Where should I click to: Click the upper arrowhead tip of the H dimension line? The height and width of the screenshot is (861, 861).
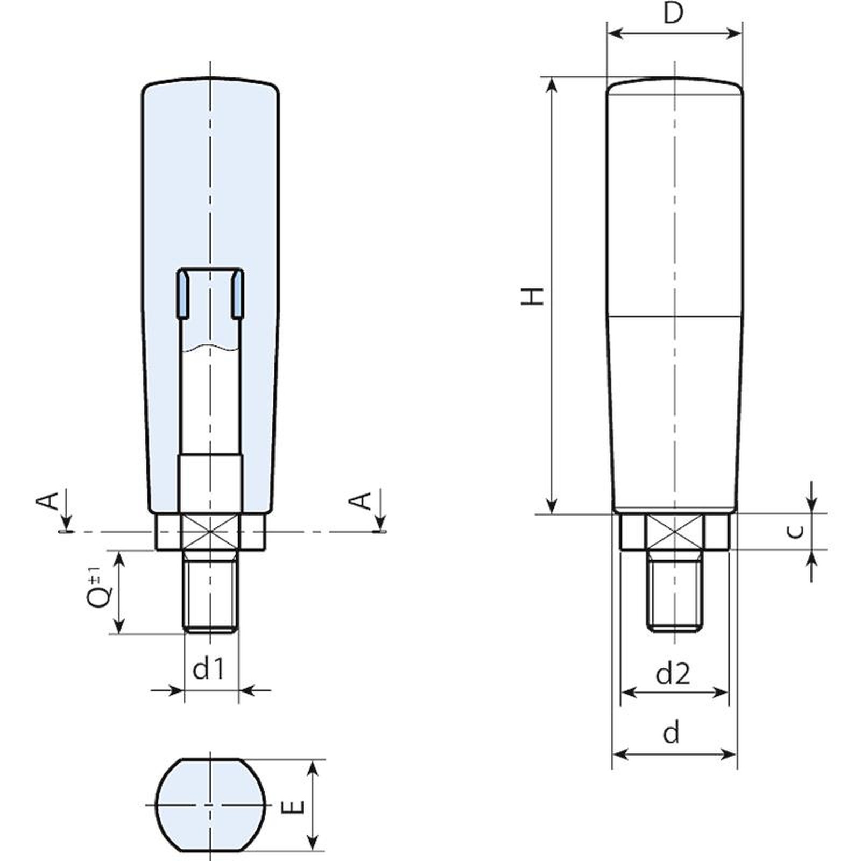[551, 77]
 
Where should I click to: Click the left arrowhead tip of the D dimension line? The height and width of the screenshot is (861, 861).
[608, 33]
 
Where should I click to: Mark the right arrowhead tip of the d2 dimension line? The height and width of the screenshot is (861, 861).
[728, 692]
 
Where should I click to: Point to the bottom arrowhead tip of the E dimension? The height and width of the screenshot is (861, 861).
[313, 851]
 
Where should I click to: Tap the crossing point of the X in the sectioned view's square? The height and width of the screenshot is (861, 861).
[210, 532]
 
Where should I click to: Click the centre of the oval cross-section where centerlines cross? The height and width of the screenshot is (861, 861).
[210, 804]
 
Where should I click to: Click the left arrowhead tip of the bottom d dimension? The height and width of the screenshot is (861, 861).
[612, 754]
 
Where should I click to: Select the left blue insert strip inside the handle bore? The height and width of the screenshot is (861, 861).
[183, 294]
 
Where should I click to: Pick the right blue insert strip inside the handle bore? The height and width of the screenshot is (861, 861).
[237, 294]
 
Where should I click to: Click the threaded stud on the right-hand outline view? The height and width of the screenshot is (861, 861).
[675, 591]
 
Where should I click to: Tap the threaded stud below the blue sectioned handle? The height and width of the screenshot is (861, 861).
[210, 591]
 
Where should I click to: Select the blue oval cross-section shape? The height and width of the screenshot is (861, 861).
[210, 804]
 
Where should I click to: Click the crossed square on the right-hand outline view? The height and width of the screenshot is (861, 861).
[675, 532]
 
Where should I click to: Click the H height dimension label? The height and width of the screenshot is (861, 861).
[533, 296]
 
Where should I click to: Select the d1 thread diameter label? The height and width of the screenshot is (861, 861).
[208, 669]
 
